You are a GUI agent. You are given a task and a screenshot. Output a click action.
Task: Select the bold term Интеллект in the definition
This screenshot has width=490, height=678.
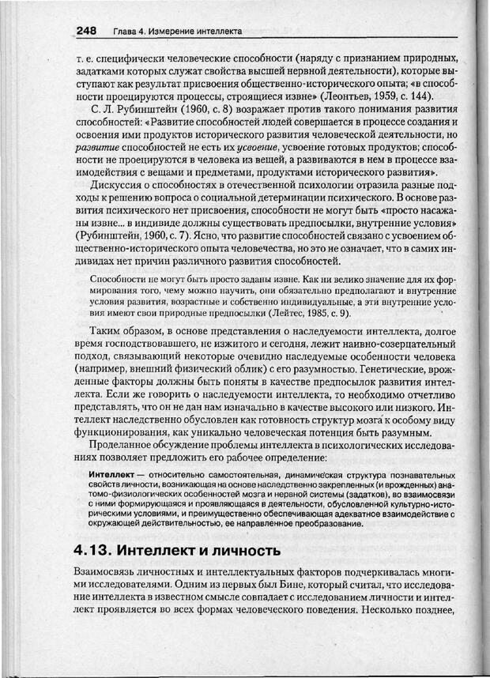[x=114, y=473]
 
